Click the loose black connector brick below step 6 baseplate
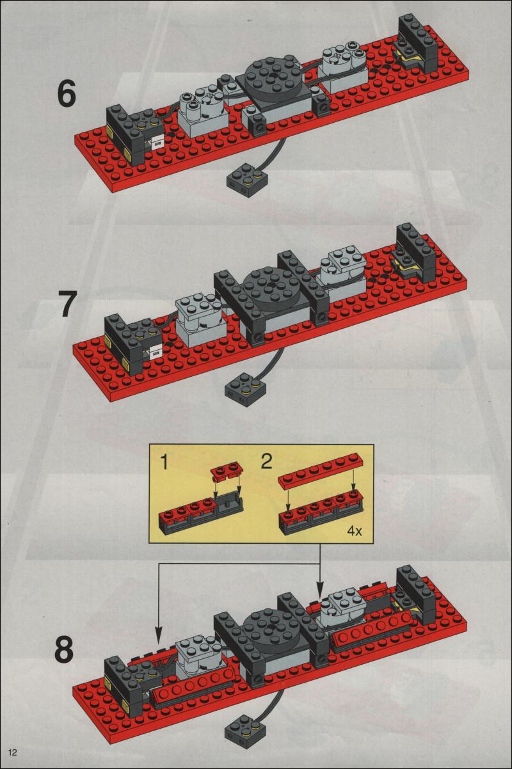pos(247,177)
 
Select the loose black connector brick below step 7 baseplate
pos(246,389)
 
